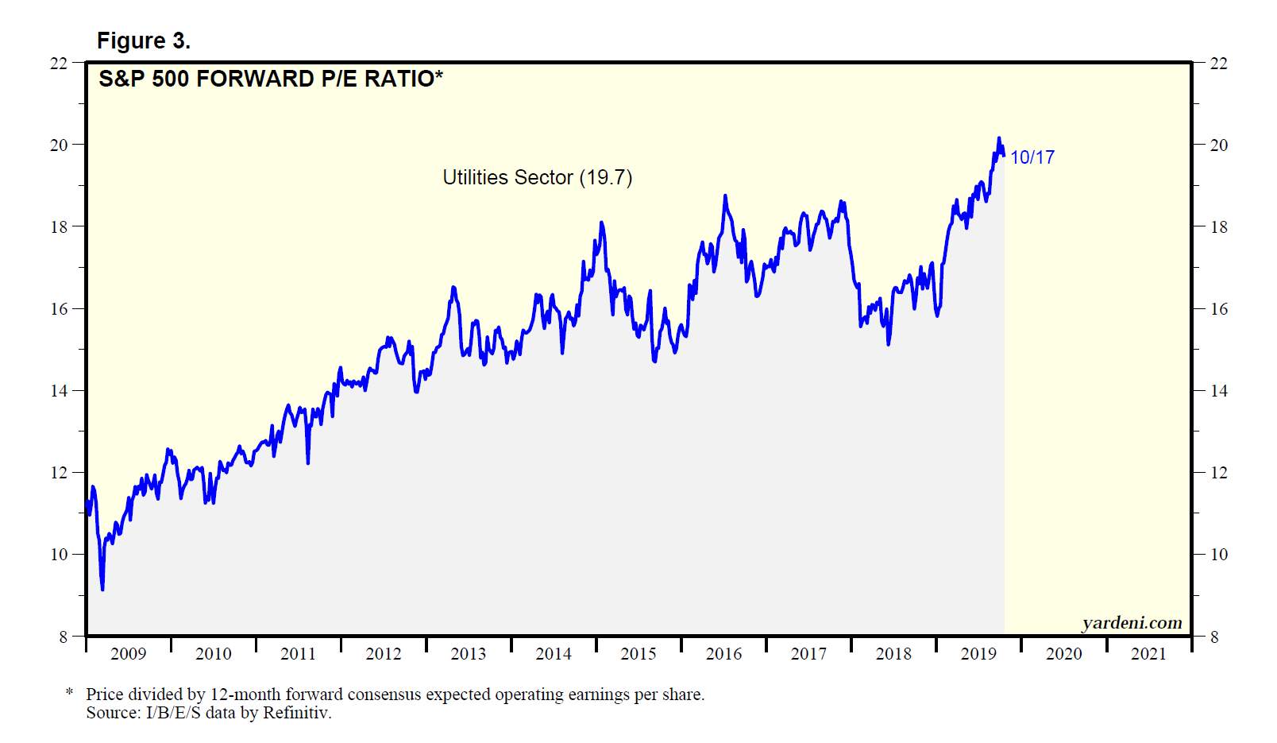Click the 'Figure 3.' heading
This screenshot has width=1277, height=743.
(144, 41)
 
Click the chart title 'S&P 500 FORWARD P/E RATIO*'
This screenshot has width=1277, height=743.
(270, 79)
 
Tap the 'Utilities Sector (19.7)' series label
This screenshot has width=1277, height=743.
(537, 177)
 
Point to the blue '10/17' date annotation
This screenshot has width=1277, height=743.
(1032, 157)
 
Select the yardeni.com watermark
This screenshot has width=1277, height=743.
(1132, 623)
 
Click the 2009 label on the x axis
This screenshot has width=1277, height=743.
(128, 654)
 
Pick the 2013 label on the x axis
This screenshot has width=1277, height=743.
(469, 654)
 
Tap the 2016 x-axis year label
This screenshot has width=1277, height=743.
(723, 654)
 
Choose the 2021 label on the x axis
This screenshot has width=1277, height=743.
(1148, 654)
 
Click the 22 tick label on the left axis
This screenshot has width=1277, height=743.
(59, 63)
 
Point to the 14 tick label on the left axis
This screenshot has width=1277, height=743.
(59, 390)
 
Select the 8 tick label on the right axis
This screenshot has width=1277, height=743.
(1214, 637)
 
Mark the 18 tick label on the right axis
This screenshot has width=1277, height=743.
(1218, 226)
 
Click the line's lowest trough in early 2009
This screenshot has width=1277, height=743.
(102, 589)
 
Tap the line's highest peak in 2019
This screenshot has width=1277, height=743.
(999, 138)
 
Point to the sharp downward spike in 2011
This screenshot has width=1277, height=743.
(307, 462)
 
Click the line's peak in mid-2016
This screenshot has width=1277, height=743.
(725, 195)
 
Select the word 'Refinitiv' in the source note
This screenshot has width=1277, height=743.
(295, 713)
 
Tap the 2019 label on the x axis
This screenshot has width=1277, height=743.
(978, 654)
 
